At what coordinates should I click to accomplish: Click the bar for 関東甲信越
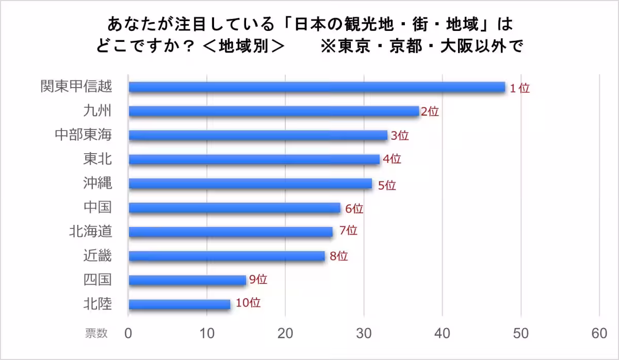(317, 87)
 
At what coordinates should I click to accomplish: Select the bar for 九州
(273, 111)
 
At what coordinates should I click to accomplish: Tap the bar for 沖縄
(250, 183)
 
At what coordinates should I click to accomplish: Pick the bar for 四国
(187, 280)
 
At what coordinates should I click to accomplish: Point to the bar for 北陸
(180, 304)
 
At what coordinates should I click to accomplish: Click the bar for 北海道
(231, 232)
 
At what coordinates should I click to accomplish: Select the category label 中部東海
(84, 135)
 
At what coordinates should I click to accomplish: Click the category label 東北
(97, 159)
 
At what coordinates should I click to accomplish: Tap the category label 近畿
(97, 255)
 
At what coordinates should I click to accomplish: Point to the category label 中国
(97, 207)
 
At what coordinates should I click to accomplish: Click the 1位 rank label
(519, 88)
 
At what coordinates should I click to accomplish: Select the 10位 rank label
(248, 303)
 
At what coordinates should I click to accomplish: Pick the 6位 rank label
(354, 209)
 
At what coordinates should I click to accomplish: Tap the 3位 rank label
(399, 136)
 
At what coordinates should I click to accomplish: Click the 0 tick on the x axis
(128, 334)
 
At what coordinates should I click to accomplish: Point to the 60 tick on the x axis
(599, 334)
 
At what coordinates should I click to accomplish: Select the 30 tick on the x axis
(364, 334)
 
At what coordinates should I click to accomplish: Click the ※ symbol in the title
(328, 46)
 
